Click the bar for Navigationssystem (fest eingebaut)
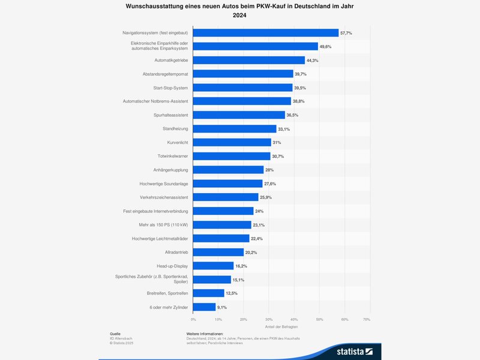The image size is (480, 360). click(x=266, y=32)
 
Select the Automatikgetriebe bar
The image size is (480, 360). click(x=249, y=60)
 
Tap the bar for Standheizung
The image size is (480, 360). click(x=235, y=128)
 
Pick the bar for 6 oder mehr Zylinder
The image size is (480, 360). click(x=205, y=307)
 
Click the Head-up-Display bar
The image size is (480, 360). click(x=214, y=266)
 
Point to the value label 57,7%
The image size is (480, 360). click(x=346, y=32)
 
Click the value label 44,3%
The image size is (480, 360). click(x=312, y=60)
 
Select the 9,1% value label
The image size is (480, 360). click(x=222, y=307)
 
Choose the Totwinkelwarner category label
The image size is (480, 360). click(x=173, y=156)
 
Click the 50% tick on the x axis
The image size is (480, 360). click(x=320, y=319)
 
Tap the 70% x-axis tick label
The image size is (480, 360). click(x=367, y=319)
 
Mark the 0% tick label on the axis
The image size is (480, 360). click(x=193, y=319)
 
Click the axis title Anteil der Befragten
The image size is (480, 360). click(x=281, y=326)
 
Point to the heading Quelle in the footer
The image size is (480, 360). click(x=115, y=333)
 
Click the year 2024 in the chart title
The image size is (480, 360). click(x=240, y=16)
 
